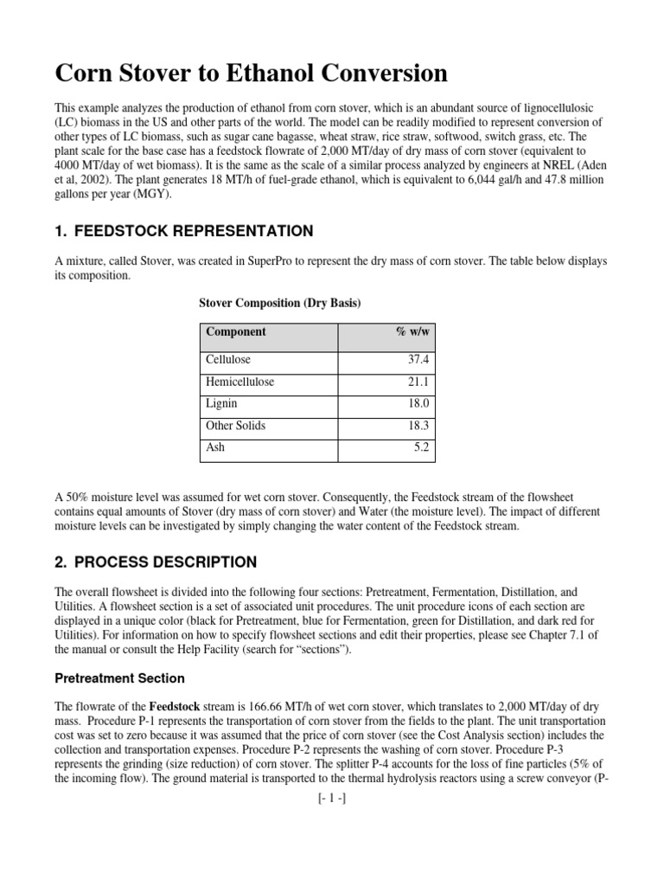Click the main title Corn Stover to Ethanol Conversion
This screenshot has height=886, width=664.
pyautogui.click(x=252, y=74)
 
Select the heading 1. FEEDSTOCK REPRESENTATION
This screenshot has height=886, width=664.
pyautogui.click(x=183, y=231)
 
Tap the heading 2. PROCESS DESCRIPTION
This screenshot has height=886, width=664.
pyautogui.click(x=156, y=562)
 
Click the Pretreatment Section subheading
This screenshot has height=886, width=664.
pyautogui.click(x=120, y=678)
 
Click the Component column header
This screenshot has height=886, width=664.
pyautogui.click(x=236, y=331)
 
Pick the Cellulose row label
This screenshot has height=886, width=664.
pyautogui.click(x=228, y=359)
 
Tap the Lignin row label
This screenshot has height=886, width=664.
pyautogui.click(x=221, y=404)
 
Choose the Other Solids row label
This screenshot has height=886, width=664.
pyautogui.click(x=236, y=427)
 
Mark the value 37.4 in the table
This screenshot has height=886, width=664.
pyautogui.click(x=418, y=359)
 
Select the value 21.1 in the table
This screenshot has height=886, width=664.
pyautogui.click(x=418, y=382)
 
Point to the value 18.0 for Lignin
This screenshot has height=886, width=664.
pyautogui.click(x=418, y=404)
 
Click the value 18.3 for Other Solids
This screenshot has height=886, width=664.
pyautogui.click(x=418, y=427)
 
